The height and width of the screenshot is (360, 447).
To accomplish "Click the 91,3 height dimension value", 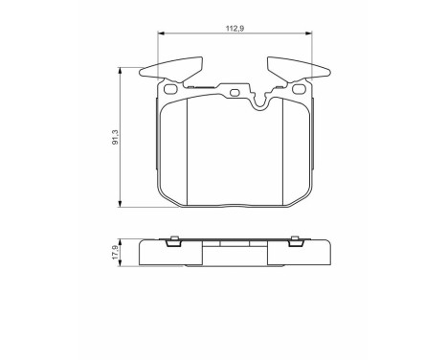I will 115,140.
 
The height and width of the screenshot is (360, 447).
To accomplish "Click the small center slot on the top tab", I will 234,93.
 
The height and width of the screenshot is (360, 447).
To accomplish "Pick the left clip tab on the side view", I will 173,241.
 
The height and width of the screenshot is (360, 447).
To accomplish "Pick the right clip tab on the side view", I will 295,241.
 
